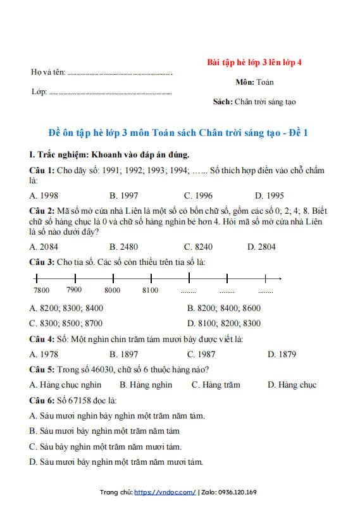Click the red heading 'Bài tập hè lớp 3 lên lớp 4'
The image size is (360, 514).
254,63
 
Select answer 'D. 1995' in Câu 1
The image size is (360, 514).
270,195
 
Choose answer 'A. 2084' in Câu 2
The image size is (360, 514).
44,246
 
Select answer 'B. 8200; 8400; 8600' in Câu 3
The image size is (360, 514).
223,308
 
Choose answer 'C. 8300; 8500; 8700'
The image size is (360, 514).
66,323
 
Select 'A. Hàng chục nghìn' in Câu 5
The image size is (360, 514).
65,384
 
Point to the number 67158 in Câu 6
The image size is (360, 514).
80,400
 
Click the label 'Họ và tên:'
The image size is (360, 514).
48,72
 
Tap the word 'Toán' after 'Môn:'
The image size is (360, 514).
265,82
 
